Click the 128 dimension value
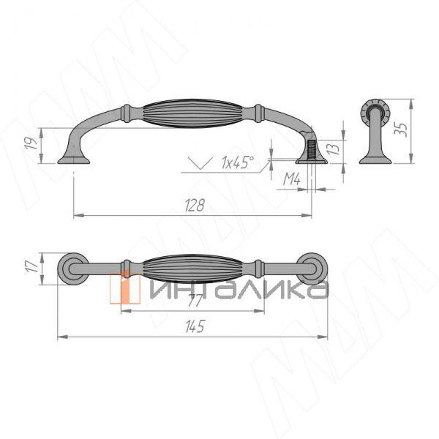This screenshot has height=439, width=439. coord(195,205)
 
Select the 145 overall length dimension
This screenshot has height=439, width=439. coord(195,326)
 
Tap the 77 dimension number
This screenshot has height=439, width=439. coord(195,301)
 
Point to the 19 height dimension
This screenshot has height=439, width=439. coord(32,143)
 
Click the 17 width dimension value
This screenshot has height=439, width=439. coord(32,266)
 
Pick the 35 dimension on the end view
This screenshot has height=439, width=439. coord(400,129)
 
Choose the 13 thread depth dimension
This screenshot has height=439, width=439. coord(333,148)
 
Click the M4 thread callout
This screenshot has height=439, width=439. coord(292,179)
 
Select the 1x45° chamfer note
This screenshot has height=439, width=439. coord(237,162)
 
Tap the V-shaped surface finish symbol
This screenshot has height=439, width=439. coord(200,163)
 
